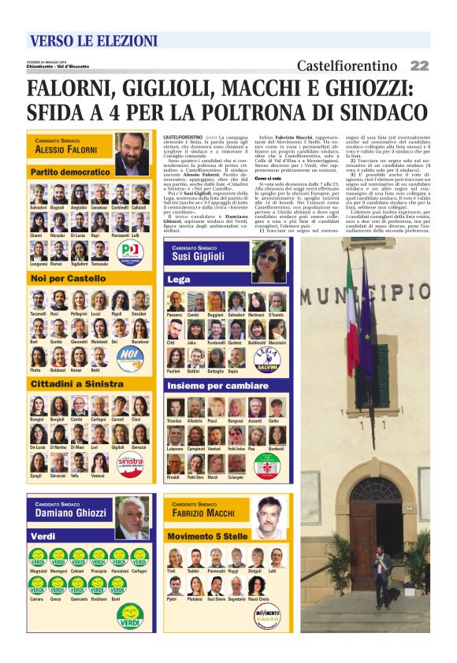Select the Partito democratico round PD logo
[130, 253]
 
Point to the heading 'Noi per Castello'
[68, 279]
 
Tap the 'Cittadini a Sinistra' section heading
[76, 383]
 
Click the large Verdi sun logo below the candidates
[130, 615]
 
